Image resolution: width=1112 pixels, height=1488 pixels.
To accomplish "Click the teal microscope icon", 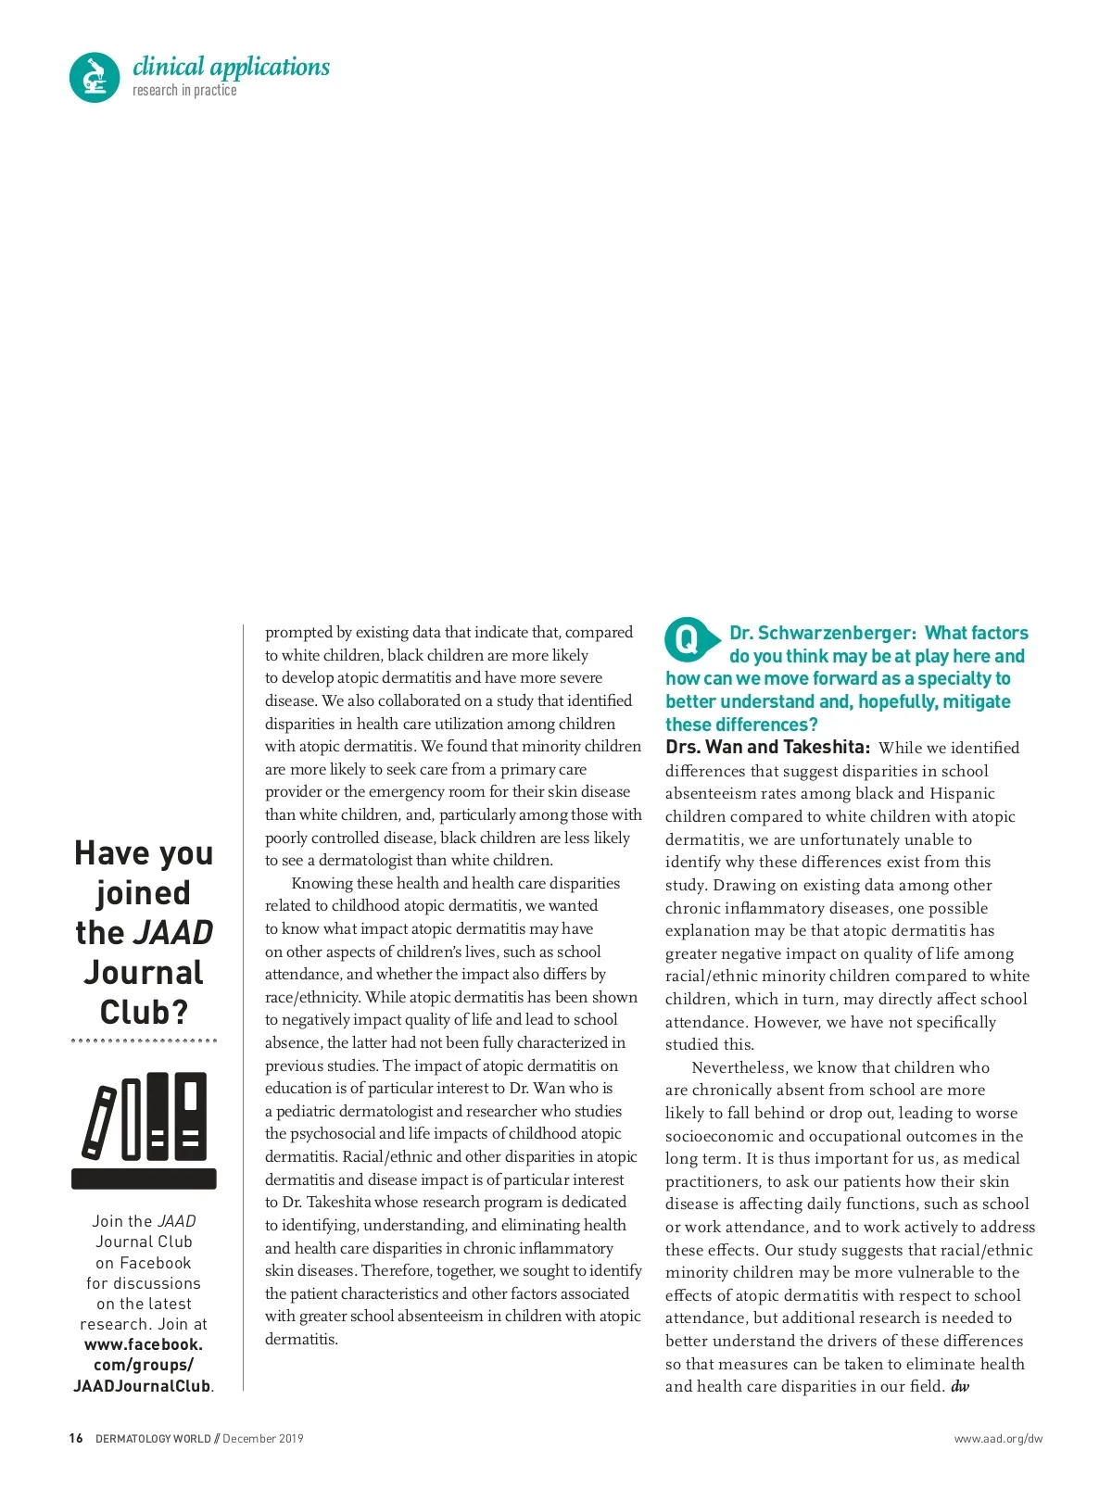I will tap(95, 77).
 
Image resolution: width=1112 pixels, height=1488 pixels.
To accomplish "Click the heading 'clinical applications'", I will tap(231, 67).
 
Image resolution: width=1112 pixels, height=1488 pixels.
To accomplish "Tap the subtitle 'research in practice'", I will tap(184, 91).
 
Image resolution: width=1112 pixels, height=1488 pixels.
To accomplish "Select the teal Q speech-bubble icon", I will tap(689, 639).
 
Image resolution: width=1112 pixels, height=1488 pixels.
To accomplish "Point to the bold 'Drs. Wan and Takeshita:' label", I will tap(767, 748).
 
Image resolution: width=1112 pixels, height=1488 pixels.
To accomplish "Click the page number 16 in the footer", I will tap(76, 1439).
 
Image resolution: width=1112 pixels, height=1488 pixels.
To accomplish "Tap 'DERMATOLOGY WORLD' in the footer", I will tap(153, 1439).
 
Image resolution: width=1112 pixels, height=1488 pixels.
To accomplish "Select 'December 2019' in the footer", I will tap(263, 1439).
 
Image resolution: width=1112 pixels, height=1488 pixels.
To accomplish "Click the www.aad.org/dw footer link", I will tap(998, 1439).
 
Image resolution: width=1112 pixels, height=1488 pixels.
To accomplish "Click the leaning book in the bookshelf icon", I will tap(99, 1122).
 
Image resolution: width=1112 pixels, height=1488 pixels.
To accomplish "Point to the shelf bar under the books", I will tap(144, 1179).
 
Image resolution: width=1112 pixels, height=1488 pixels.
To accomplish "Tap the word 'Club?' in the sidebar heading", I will tap(144, 1013).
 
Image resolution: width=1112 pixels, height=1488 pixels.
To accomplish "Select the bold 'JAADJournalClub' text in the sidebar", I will tap(142, 1387).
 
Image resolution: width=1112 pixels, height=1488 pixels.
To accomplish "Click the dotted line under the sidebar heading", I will tap(144, 1040).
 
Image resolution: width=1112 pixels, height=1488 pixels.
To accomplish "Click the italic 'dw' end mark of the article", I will tap(960, 1387).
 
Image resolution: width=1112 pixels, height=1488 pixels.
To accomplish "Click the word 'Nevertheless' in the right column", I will tap(739, 1068).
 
